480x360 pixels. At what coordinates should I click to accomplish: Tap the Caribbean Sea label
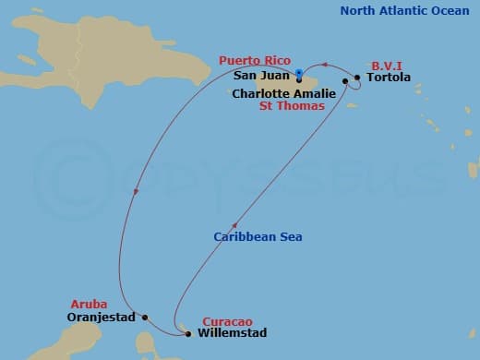tap(258, 237)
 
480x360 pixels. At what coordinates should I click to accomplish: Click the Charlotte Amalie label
tap(283, 93)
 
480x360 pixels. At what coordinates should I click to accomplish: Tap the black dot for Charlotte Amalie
tap(345, 82)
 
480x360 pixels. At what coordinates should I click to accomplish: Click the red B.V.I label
tap(386, 66)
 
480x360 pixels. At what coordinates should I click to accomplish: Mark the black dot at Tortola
tap(358, 78)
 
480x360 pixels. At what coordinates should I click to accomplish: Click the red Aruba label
tap(89, 304)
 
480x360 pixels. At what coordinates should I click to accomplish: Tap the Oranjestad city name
tap(102, 318)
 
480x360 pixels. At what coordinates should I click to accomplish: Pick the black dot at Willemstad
tap(188, 333)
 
